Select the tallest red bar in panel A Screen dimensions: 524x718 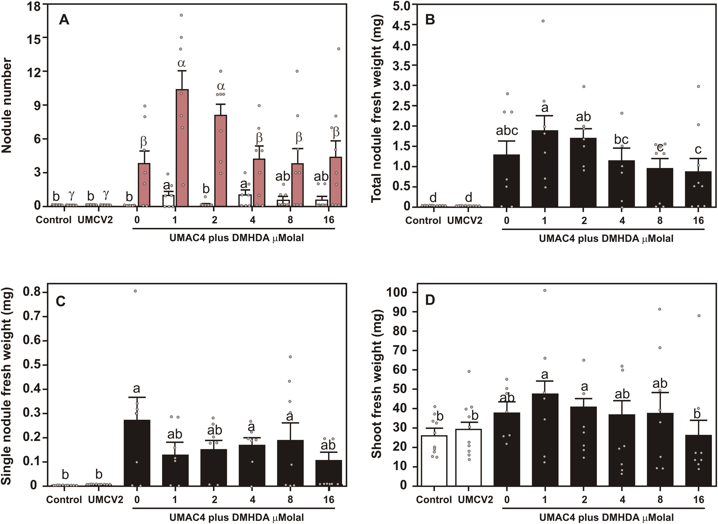click(182, 148)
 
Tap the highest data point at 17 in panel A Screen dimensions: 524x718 click(181, 15)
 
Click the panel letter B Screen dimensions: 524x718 click(430, 20)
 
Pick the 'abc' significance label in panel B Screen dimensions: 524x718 click(507, 130)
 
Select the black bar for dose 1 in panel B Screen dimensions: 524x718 click(545, 168)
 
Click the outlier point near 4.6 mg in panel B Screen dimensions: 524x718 click(543, 21)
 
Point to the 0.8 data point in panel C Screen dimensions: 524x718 click(135, 291)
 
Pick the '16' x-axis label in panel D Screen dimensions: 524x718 click(698, 500)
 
